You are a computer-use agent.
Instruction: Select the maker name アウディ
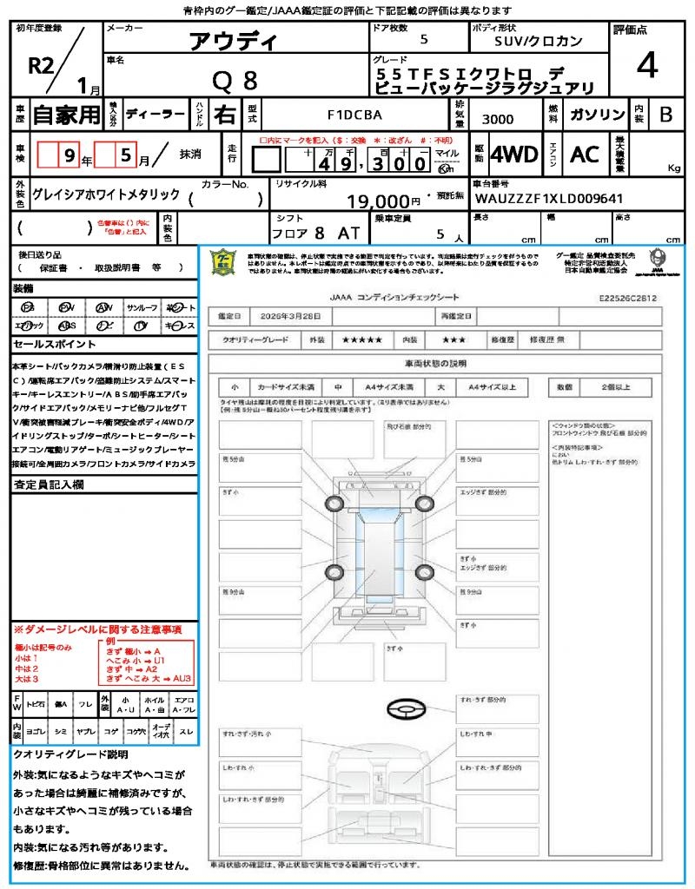point(234,41)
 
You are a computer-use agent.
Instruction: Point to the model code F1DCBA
point(354,114)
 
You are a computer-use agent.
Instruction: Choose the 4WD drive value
point(514,155)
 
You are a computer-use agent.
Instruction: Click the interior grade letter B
point(665,114)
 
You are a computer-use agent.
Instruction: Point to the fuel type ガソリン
point(596,114)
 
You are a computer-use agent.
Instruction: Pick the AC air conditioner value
point(585,155)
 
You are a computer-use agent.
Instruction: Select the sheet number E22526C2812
point(627,298)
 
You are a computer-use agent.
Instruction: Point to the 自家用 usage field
point(67,114)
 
